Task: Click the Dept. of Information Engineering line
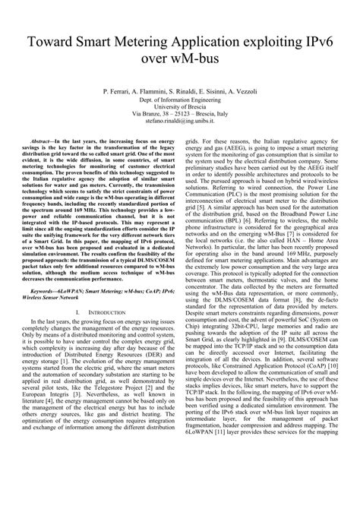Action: click(x=180, y=101)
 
